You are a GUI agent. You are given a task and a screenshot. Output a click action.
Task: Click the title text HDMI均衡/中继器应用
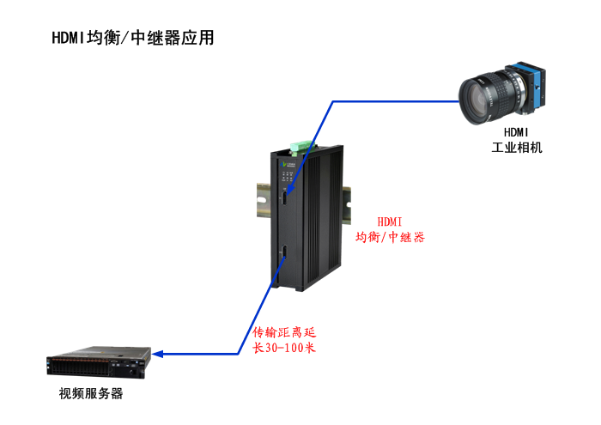[132, 38]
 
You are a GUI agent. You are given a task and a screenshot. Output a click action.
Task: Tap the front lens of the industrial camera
[476, 100]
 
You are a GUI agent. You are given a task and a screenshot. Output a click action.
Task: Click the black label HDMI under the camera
[516, 132]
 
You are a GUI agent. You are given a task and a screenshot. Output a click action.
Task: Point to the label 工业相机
[517, 148]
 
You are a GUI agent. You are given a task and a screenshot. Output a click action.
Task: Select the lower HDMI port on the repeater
[284, 252]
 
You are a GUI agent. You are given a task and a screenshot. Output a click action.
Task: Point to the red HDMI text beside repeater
[390, 222]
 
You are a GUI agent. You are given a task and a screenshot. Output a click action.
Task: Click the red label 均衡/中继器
[390, 237]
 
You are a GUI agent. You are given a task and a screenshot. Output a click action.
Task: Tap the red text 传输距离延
[284, 332]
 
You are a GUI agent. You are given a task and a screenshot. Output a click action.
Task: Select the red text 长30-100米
[284, 348]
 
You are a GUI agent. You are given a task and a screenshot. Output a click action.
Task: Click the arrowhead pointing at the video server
[157, 354]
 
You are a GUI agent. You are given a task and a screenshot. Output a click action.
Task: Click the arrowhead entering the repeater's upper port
[290, 191]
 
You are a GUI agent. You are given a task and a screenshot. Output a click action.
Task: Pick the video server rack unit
[99, 362]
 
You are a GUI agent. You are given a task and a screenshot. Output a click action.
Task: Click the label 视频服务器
[91, 393]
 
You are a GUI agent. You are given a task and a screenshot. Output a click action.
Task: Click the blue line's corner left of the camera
[333, 101]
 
